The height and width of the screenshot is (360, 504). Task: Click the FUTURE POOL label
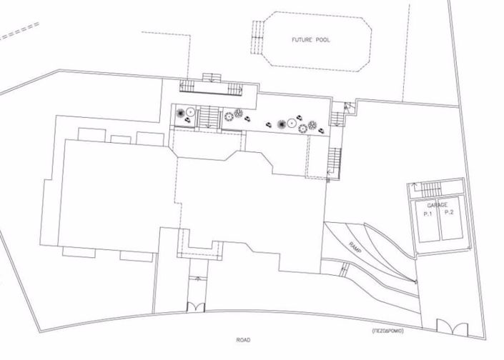(x=310, y=40)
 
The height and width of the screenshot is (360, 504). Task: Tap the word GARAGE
(x=437, y=205)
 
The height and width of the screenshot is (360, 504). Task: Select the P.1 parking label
(x=428, y=214)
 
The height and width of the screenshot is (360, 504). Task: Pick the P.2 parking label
(x=449, y=212)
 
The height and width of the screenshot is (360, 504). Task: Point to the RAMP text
(x=355, y=247)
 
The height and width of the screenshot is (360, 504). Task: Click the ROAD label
(x=243, y=340)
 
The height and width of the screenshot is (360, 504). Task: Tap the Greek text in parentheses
(x=387, y=331)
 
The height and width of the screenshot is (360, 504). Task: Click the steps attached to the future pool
(x=257, y=37)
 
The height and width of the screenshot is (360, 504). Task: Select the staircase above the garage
(x=431, y=190)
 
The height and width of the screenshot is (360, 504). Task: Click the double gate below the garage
(x=452, y=327)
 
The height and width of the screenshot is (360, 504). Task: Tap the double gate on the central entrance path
(x=196, y=306)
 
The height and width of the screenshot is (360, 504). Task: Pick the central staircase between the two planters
(x=209, y=116)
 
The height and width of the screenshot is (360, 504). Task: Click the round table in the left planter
(x=191, y=112)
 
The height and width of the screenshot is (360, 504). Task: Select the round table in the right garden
(x=292, y=123)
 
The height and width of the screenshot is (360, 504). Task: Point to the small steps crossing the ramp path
(x=345, y=269)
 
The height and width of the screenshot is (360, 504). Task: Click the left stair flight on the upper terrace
(x=187, y=86)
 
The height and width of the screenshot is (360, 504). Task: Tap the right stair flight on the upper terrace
(x=235, y=89)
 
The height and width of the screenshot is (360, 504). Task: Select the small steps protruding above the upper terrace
(x=212, y=78)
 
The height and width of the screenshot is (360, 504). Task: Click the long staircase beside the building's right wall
(x=335, y=163)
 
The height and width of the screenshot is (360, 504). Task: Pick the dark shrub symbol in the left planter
(x=180, y=113)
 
